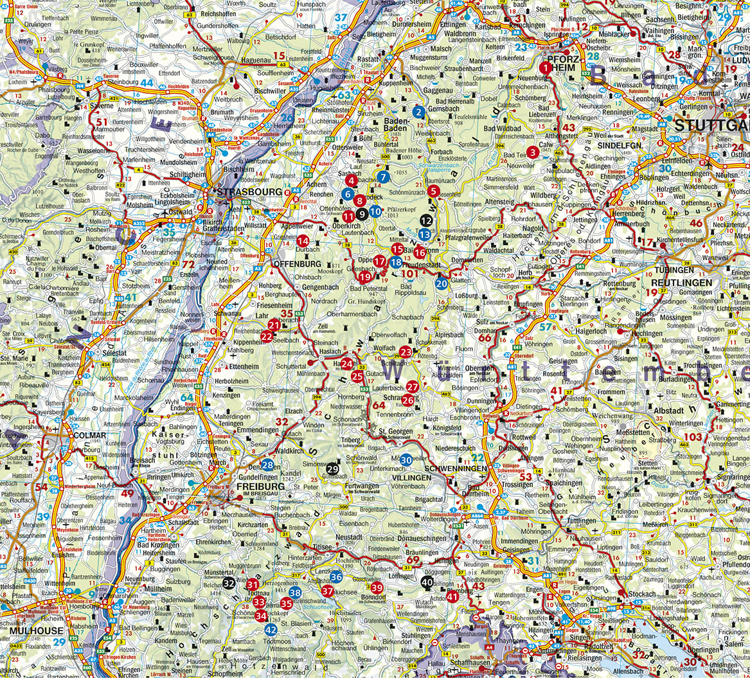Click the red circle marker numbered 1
(546, 67)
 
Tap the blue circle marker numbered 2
(419, 112)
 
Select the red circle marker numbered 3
(532, 152)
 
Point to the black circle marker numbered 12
(425, 220)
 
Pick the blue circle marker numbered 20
(442, 283)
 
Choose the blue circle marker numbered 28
(267, 465)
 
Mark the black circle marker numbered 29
(332, 469)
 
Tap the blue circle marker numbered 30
(406, 459)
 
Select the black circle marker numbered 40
(427, 582)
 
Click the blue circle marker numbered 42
(271, 630)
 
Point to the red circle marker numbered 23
(406, 352)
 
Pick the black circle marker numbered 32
(229, 583)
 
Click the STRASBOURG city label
(249, 192)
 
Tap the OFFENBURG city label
(298, 264)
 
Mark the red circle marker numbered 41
(452, 596)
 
